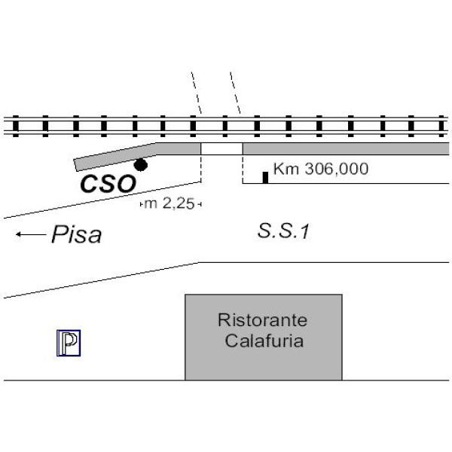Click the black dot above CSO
(141, 164)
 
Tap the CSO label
(108, 183)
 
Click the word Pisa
(76, 236)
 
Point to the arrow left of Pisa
(30, 235)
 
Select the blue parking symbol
(69, 343)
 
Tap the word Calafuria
(264, 341)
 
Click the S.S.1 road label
(283, 233)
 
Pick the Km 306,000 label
(320, 169)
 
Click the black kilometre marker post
(265, 177)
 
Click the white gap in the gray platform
(221, 148)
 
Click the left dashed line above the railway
(196, 93)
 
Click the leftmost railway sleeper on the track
(16, 125)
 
